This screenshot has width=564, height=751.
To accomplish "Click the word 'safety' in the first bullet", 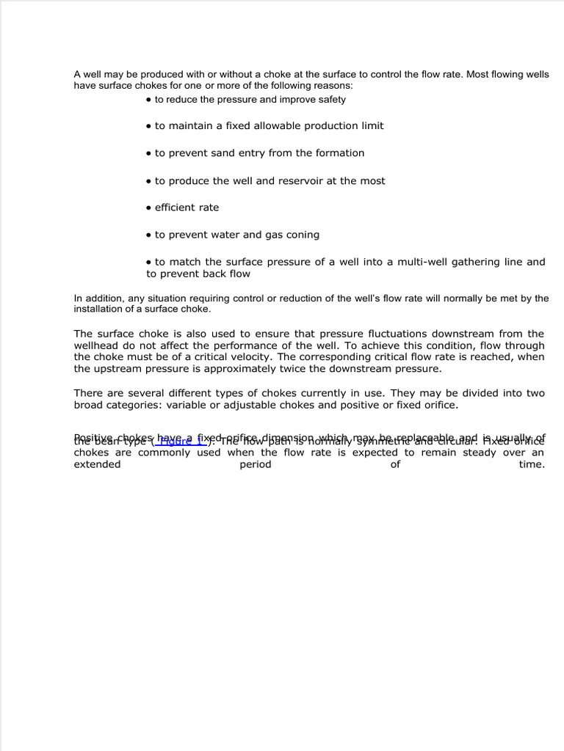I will pyautogui.click(x=330, y=100).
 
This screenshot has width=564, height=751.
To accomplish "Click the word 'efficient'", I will pyautogui.click(x=176, y=208).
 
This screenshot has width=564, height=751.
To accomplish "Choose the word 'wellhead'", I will pyautogui.click(x=95, y=345).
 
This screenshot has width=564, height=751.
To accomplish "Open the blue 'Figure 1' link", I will pyautogui.click(x=180, y=441).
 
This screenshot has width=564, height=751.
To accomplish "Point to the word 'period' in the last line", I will pyautogui.click(x=256, y=464).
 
